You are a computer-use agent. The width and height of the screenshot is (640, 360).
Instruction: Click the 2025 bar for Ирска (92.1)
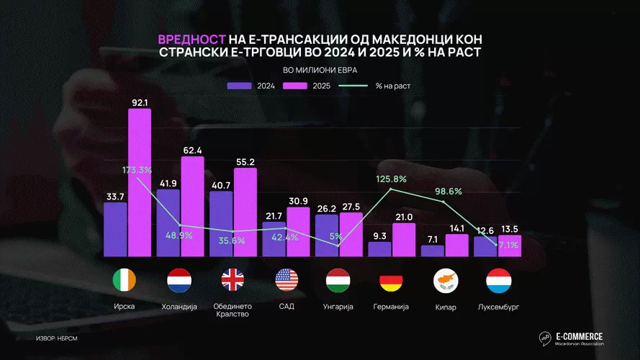coord(140,183)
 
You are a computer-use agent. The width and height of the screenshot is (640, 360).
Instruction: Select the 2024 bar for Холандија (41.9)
coord(168,222)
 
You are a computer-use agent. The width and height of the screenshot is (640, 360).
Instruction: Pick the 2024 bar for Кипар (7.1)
coord(433,251)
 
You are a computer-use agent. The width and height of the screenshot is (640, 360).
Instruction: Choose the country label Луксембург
coord(498,307)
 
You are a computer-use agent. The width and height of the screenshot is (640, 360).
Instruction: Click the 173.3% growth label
coord(137,170)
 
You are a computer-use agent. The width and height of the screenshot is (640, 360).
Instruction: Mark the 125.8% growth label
coord(392,179)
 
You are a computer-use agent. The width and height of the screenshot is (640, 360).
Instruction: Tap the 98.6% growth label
coord(447,192)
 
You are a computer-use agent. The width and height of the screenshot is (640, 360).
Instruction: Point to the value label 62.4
coord(191,150)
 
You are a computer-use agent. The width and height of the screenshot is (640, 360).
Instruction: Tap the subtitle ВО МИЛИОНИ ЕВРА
coord(320,70)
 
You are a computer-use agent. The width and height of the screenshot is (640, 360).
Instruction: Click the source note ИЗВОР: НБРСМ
coord(57,338)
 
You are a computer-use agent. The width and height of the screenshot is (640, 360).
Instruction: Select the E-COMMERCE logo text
coord(580,336)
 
